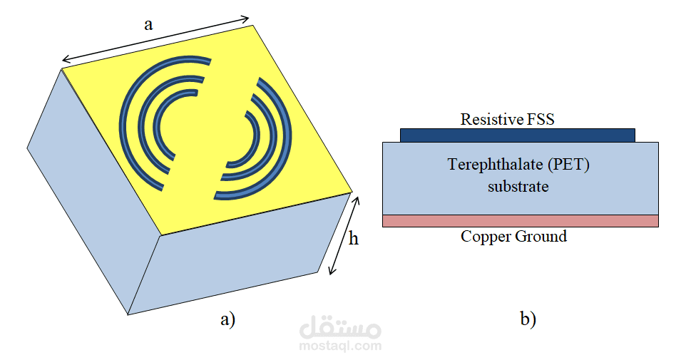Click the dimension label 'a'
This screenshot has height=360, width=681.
pos(148,25)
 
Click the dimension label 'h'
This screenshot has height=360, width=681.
pos(354,238)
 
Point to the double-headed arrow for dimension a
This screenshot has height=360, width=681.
pos(155,39)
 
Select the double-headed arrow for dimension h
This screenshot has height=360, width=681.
pos(344,236)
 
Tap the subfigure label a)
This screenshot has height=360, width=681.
pos(228,319)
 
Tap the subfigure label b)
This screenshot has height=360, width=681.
pos(528,319)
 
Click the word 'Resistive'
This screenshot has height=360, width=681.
pos(486,119)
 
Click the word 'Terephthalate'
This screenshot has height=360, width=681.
pos(495,165)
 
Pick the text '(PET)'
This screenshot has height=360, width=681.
pos(568,165)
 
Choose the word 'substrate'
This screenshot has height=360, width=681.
pos(518,187)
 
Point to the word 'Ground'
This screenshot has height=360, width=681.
pos(541,236)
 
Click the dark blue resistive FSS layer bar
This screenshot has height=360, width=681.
pos(518,135)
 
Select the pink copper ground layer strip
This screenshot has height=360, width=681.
pos(521,220)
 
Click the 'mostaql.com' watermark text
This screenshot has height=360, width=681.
pos(341,346)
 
